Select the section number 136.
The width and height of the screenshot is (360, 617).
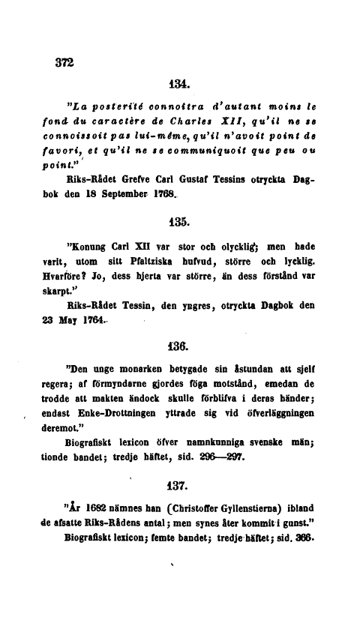[x=180, y=346]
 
